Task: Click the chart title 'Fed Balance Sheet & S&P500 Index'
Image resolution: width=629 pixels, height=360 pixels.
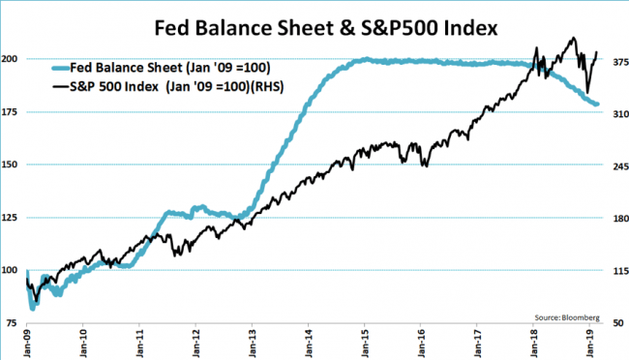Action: coord(326,28)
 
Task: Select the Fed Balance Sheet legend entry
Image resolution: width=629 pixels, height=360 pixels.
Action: coord(162,68)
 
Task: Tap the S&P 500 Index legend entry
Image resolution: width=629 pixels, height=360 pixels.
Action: coord(167,86)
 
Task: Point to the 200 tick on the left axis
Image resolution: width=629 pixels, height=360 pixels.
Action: coord(10,59)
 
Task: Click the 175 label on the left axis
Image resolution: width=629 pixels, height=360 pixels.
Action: coord(10,112)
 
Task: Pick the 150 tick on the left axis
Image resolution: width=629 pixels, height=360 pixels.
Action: coord(10,165)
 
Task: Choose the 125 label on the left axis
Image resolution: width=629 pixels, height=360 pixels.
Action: coord(10,218)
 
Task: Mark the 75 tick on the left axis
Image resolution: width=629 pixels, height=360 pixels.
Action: coord(12,323)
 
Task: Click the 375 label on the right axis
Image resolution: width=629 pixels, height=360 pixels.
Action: coord(620,62)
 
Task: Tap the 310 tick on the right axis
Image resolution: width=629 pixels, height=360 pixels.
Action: coord(620,114)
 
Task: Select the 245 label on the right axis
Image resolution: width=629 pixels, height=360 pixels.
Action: coord(620,166)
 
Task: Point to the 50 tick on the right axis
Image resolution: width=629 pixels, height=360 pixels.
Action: coord(618,323)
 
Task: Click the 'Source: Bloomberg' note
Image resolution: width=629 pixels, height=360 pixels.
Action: coord(567,317)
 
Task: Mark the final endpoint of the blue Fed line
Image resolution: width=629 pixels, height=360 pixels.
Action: coord(597,105)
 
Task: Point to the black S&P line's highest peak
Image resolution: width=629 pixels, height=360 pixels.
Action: coord(574,38)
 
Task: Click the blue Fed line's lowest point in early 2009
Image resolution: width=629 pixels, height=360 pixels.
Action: coord(33,309)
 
